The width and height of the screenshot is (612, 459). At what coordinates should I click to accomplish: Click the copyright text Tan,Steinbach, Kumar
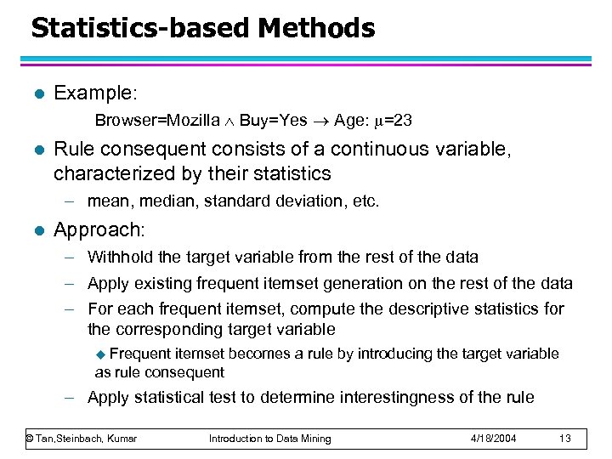[x=82, y=438]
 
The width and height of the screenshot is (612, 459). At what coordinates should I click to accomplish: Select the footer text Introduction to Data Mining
[x=270, y=438]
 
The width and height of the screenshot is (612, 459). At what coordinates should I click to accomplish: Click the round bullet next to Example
[x=35, y=93]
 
